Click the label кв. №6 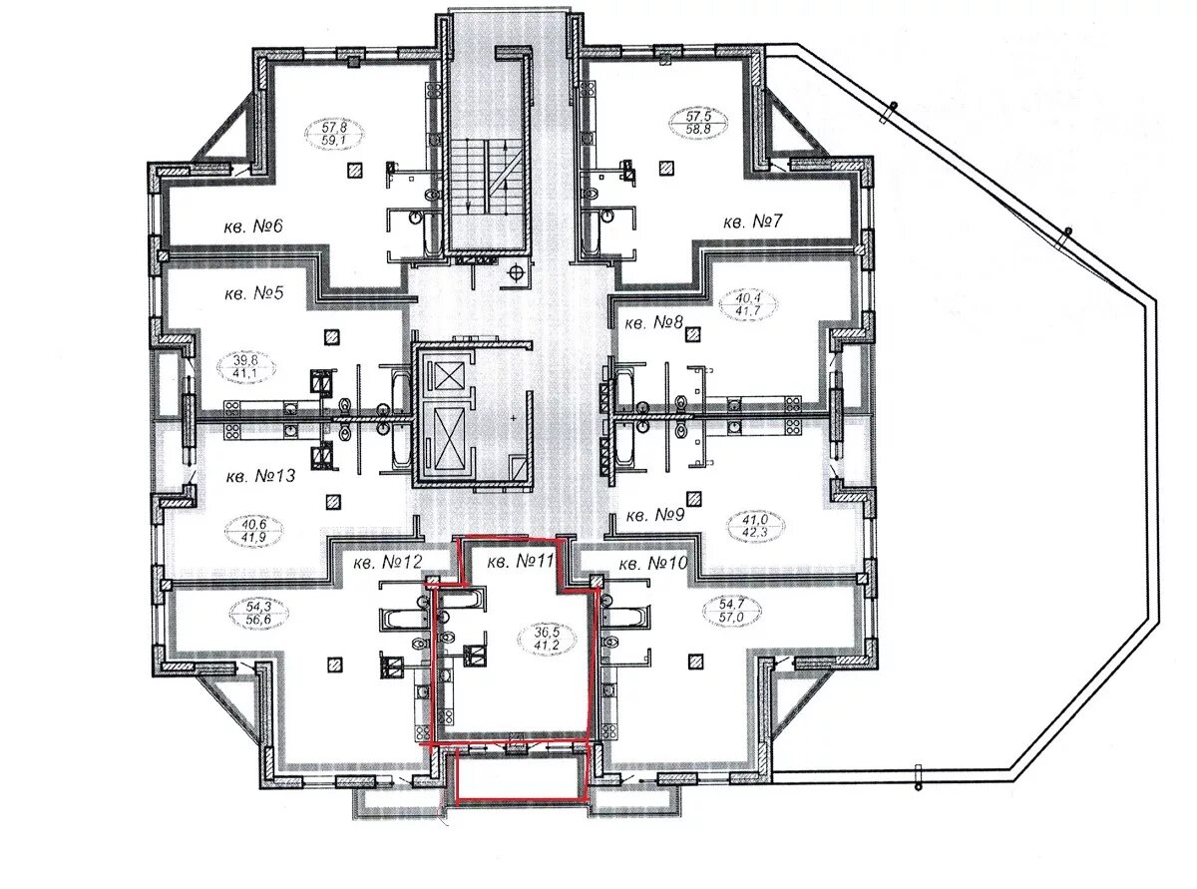[x=253, y=225]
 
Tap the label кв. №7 [x=752, y=222]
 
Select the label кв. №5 [x=253, y=293]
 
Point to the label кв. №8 [x=654, y=323]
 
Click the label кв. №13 [x=260, y=476]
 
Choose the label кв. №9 [x=655, y=515]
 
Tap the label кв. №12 [x=387, y=563]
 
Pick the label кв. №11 [x=521, y=562]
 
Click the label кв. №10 [x=653, y=564]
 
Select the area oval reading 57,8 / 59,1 [x=334, y=134]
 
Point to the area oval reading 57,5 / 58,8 [x=699, y=123]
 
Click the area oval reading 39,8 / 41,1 [x=245, y=367]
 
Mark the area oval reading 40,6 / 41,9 [x=253, y=531]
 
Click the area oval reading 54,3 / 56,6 [x=258, y=614]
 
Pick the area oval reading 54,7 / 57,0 [x=732, y=610]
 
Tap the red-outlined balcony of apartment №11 [x=522, y=774]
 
